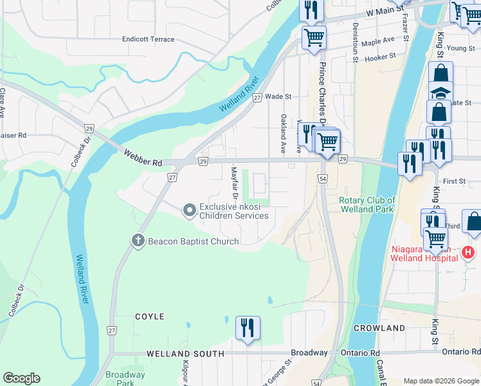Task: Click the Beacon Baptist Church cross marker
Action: coord(137,241)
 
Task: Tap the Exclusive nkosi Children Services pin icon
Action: coord(189,210)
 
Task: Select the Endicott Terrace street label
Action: coord(149,39)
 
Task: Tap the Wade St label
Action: coord(278,96)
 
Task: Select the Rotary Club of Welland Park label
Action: coord(367,205)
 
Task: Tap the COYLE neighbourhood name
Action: coord(149,317)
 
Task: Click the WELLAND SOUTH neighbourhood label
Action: coord(185,354)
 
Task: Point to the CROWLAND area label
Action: coord(379,327)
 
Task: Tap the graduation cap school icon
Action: coord(440,93)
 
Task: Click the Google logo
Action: coord(21,378)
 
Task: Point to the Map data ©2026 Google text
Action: coord(440,381)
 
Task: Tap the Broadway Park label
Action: coord(125,378)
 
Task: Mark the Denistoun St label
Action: coord(355,40)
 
